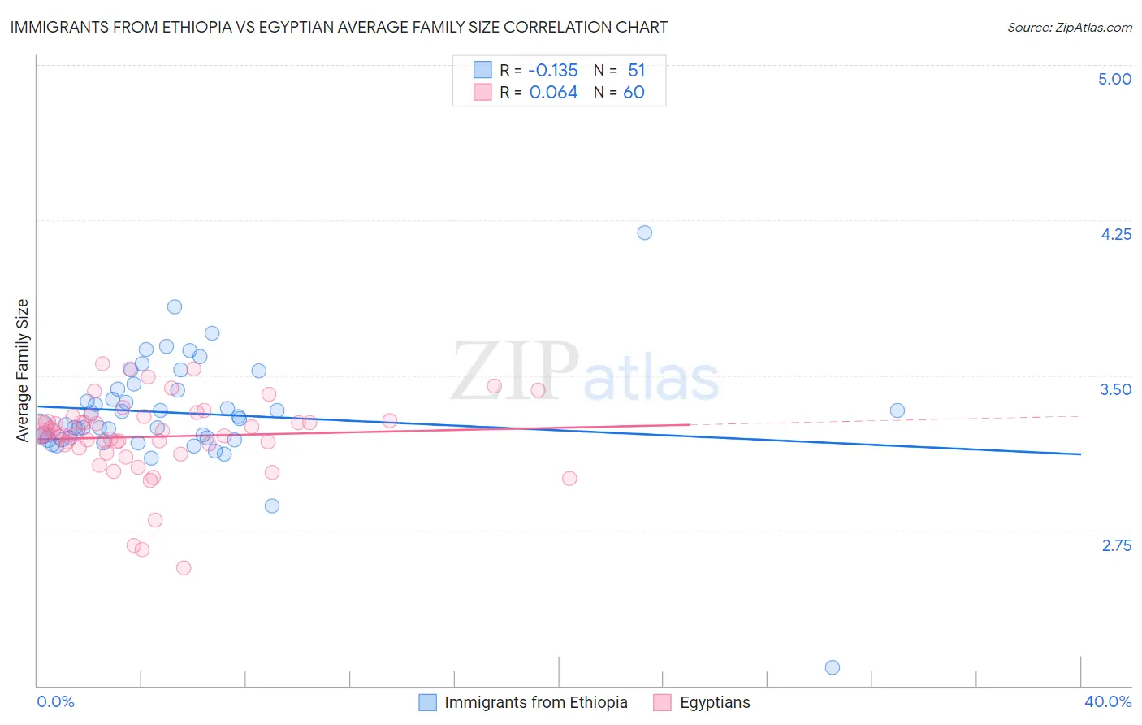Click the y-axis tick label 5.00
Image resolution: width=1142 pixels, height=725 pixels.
point(1114,79)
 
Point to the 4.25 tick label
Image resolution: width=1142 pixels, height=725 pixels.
point(1115,234)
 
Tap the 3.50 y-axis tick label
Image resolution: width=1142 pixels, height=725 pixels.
point(1115,389)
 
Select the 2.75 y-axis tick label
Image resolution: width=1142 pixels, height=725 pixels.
point(1116,545)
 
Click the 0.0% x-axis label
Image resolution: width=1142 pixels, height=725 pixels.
point(55,701)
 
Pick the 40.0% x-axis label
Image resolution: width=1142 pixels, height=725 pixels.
point(1107,701)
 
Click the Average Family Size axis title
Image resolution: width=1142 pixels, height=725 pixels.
point(23,371)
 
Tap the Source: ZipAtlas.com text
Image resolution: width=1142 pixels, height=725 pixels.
point(1069,28)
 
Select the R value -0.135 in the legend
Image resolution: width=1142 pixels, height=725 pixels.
point(553,70)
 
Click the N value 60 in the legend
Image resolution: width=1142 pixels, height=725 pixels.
point(634,92)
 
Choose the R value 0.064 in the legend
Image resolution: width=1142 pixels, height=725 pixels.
point(553,92)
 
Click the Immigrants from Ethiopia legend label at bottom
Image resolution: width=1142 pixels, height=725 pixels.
point(536,702)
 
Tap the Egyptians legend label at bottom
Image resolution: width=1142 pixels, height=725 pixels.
point(715,702)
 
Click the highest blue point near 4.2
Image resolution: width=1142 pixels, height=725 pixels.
point(644,232)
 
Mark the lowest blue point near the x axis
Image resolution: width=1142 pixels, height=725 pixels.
point(832,667)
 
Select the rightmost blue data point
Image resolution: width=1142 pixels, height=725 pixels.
point(897,410)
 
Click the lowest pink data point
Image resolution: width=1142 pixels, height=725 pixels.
point(184,567)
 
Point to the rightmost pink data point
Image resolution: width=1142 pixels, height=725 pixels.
point(569,478)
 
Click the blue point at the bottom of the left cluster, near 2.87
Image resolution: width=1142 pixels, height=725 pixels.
point(272,506)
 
